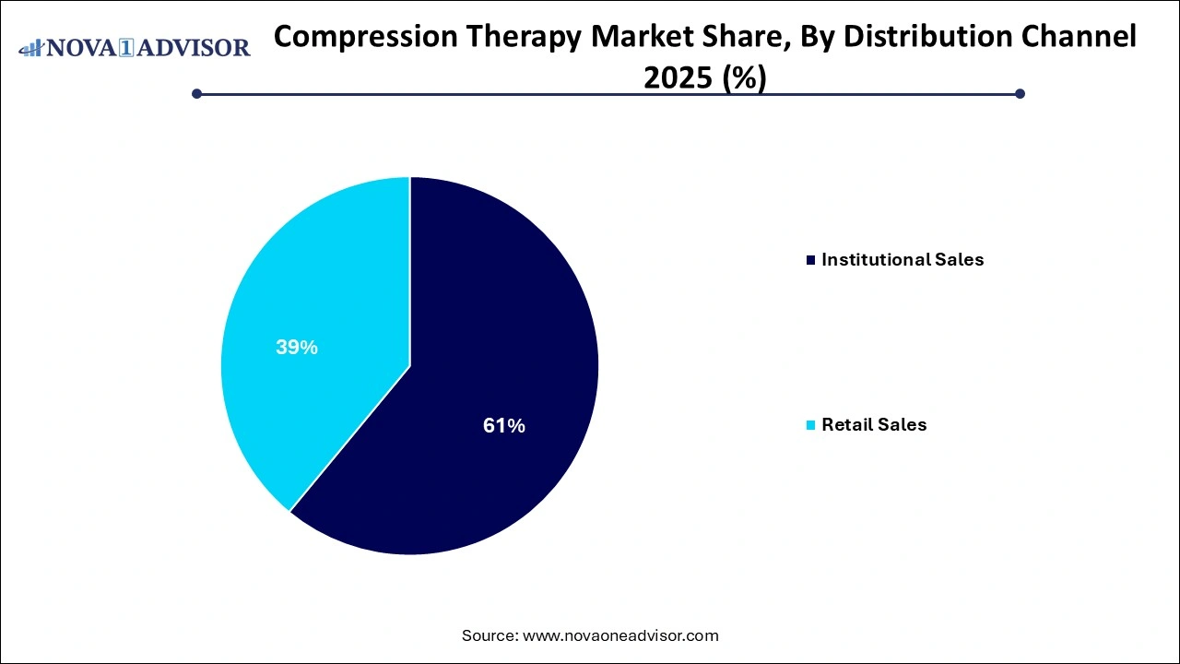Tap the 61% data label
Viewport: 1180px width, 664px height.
tap(504, 425)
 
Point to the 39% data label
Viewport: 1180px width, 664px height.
tap(297, 348)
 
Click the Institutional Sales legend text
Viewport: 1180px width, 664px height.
tap(903, 260)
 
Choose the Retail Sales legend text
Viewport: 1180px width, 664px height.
tap(874, 425)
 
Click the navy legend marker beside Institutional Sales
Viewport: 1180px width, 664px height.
tap(811, 261)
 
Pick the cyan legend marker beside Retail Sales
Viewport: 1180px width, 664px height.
tap(811, 425)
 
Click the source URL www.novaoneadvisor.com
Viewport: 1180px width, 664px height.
tap(620, 635)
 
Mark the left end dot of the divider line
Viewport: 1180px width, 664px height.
tap(196, 93)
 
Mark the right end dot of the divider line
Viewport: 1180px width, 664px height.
tap(1020, 93)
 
